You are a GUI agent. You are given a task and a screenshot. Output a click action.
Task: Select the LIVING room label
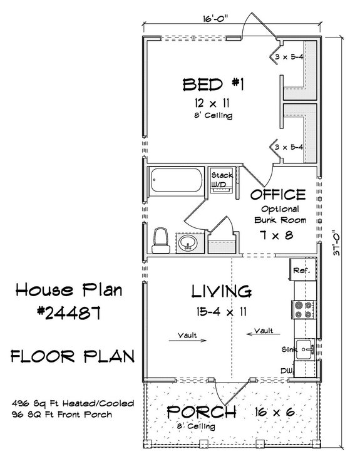click(x=221, y=291)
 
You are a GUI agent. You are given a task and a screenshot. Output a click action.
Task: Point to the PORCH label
click(x=201, y=412)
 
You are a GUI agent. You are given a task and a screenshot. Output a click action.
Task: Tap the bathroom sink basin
click(x=186, y=244)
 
